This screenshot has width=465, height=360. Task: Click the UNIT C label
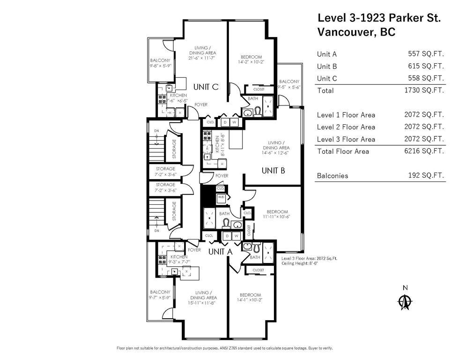click(x=206, y=86)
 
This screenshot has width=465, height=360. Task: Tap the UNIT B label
click(x=273, y=171)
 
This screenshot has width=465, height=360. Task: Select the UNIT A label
click(x=220, y=252)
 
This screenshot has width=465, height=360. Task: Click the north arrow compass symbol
click(x=404, y=301)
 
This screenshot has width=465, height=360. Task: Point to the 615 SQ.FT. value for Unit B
click(x=426, y=67)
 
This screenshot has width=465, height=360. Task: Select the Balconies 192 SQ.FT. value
click(x=426, y=176)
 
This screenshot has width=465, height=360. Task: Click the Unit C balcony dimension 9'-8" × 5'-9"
click(x=160, y=67)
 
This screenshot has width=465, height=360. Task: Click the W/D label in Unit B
click(x=221, y=198)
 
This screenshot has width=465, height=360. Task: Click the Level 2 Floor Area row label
click(x=346, y=127)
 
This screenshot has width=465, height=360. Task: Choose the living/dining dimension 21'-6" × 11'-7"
click(x=202, y=59)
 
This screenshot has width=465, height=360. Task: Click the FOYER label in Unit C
click(x=201, y=105)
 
